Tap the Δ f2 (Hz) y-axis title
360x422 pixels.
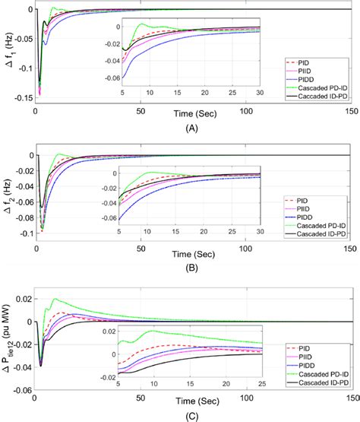8,194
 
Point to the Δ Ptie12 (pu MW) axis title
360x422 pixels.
8,338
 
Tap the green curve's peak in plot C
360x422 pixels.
54,299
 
